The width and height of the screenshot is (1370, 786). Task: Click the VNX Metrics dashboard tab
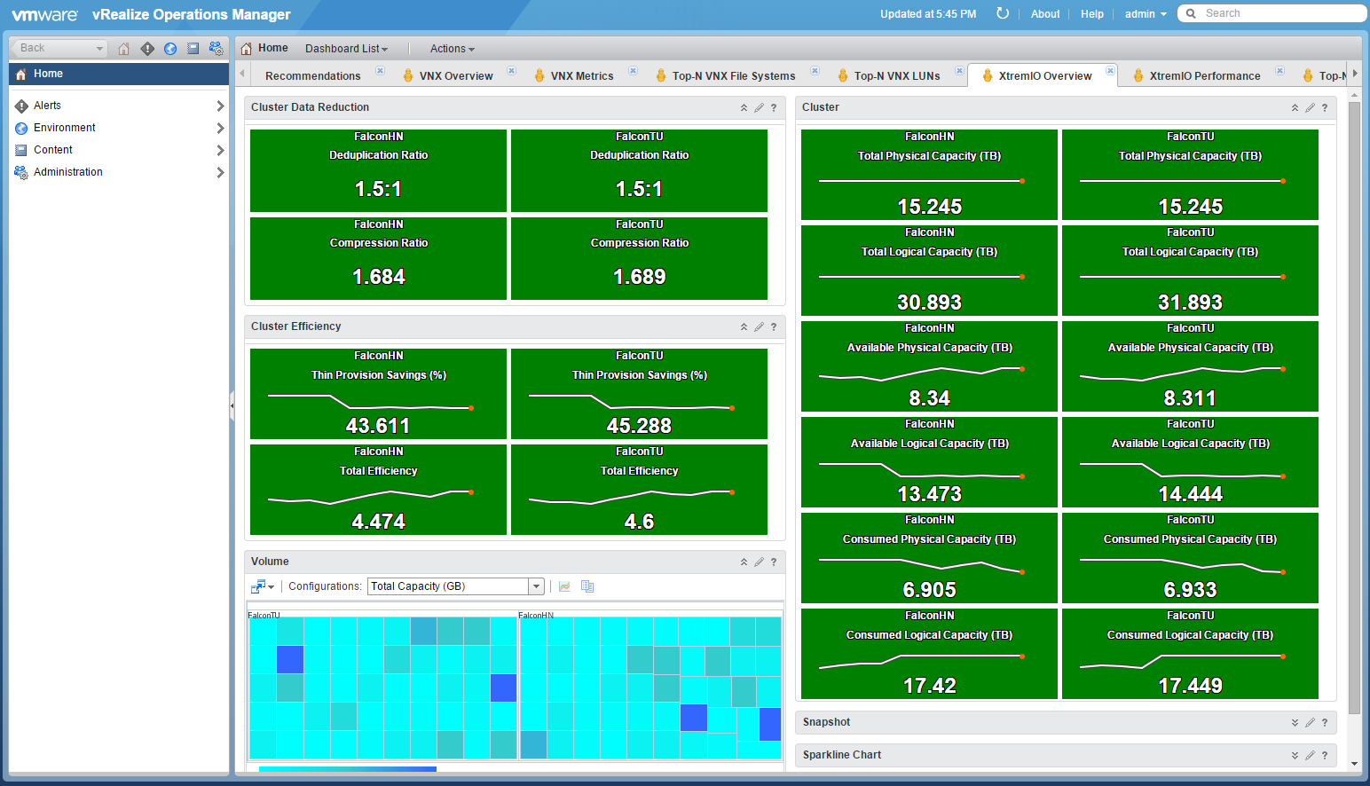point(582,75)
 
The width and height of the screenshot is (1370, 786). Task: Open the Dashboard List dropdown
point(346,48)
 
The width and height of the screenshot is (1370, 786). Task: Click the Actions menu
point(452,48)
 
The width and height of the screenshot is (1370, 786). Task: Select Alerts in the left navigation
point(47,106)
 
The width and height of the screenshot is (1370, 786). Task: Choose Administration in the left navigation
point(68,172)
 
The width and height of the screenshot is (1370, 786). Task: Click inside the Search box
point(1276,13)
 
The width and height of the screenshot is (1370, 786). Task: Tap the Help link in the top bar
point(1091,13)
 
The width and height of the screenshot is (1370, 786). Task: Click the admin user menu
point(1146,13)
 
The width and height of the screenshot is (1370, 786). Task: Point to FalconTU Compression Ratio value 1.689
point(639,277)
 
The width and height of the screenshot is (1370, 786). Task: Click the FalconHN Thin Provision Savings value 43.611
point(378,425)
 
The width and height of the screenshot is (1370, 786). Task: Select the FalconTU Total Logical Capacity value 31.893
point(1190,302)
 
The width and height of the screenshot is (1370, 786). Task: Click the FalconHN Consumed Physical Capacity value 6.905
point(929,589)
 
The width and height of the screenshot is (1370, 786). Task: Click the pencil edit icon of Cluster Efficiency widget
point(759,326)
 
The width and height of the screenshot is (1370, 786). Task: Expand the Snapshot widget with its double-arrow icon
point(1295,722)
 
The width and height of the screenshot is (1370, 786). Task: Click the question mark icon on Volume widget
point(774,562)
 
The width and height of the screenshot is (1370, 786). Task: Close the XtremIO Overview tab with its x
point(1110,71)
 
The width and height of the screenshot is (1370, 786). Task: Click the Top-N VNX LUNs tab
point(896,75)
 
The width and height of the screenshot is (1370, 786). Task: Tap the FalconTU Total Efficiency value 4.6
point(639,521)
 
